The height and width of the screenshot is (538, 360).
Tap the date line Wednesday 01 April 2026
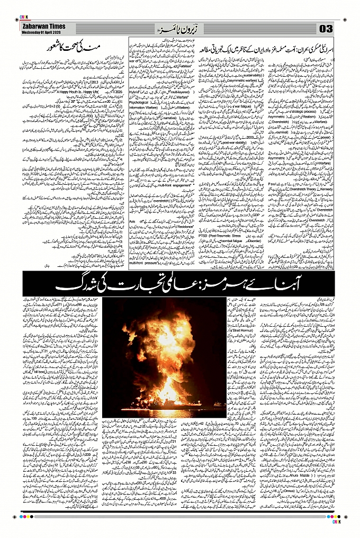click(43, 31)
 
